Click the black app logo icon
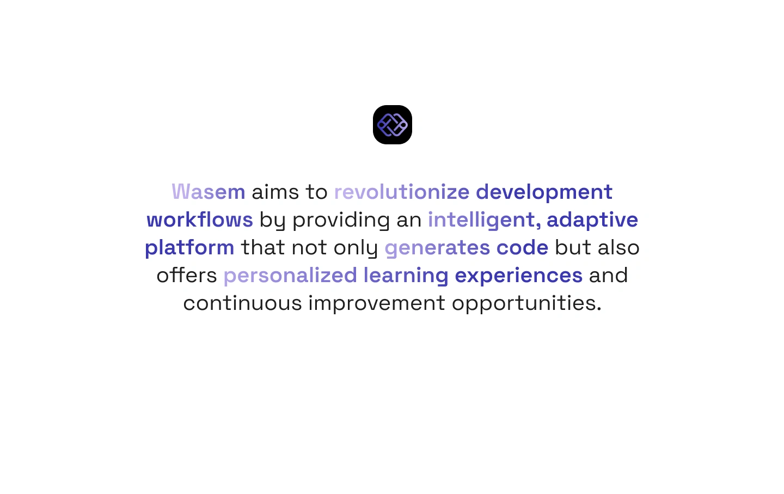pos(393,125)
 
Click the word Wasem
pos(208,192)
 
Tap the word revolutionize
pos(402,192)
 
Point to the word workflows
pos(199,219)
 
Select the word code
pos(522,247)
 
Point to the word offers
pos(187,275)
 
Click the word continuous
pos(243,303)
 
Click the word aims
pos(275,192)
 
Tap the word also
pos(618,247)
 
